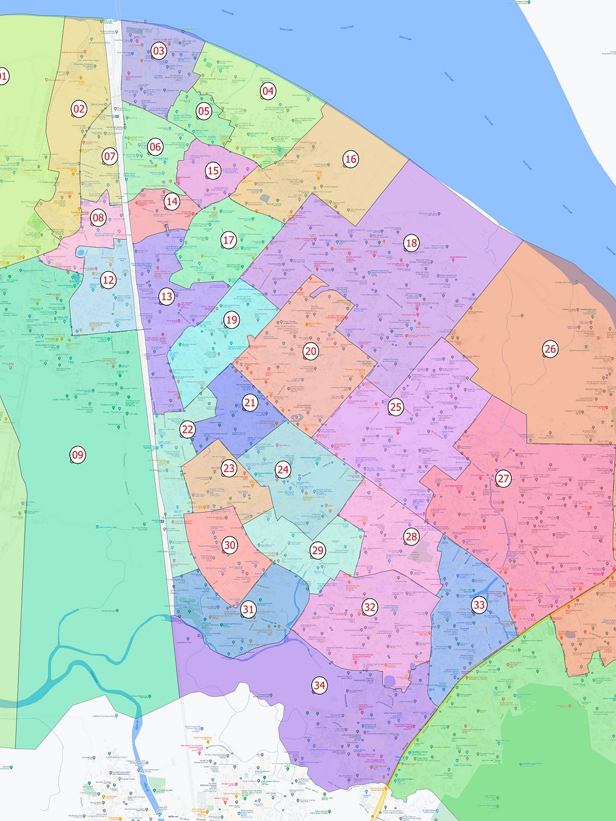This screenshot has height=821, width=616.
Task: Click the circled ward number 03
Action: point(159,51)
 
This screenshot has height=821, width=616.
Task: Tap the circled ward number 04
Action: point(268,91)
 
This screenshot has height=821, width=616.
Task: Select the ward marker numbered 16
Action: point(351,159)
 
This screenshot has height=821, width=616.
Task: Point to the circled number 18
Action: point(411,243)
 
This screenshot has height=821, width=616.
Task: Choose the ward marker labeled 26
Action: point(550,349)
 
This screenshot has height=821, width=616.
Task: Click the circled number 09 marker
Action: point(78,455)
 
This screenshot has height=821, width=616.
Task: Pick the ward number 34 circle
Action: point(319,685)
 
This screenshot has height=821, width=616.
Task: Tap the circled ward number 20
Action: point(311,351)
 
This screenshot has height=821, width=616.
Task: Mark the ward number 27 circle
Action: point(503,479)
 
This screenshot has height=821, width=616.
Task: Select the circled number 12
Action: point(108,280)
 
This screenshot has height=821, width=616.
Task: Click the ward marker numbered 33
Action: point(479,605)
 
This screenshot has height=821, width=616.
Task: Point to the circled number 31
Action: point(248,610)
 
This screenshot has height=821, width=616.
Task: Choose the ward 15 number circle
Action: point(213,171)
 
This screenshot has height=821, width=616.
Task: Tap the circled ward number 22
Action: point(187,429)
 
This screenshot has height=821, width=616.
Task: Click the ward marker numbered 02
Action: point(79,109)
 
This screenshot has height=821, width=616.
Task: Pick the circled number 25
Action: point(396,407)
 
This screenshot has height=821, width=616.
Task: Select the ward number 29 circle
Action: point(318,551)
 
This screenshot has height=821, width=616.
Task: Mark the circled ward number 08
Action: point(98,218)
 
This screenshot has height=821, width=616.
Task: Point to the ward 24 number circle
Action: point(283,469)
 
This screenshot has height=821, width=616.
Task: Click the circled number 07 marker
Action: point(110,157)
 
